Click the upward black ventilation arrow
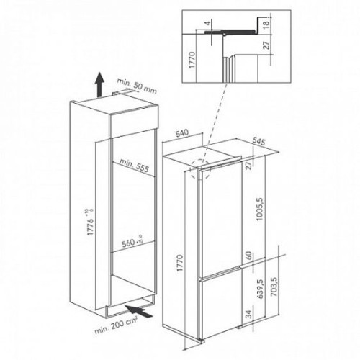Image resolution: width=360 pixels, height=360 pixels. click(99, 85)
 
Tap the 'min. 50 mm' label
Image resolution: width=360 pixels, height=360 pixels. click(137, 86)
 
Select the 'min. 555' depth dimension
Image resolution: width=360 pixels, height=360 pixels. click(135, 166)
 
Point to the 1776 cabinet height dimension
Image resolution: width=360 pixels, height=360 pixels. click(90, 222)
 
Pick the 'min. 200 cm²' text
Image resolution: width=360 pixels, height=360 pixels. click(116, 326)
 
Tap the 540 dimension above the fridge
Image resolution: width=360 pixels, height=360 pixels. click(182, 133)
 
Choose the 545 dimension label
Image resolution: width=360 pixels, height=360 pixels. click(258, 141)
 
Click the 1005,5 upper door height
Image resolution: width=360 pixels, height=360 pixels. click(260, 209)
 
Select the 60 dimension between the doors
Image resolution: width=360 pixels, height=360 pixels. click(249, 256)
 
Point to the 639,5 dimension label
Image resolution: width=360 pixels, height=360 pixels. click(260, 289)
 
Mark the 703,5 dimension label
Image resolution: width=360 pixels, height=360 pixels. click(274, 287)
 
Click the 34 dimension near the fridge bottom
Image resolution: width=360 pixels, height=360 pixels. click(249, 314)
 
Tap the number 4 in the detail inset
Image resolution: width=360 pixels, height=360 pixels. click(208, 23)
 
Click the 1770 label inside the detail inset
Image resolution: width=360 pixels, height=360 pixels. click(192, 60)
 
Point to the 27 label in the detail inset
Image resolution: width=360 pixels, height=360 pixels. click(266, 45)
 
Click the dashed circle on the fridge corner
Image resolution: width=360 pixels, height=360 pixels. click(200, 169)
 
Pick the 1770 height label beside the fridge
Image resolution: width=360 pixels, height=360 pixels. click(180, 263)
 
